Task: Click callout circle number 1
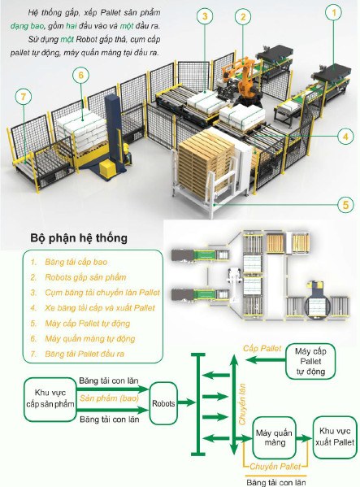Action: (x=334, y=13)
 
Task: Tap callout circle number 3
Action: (x=205, y=15)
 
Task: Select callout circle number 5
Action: (x=345, y=205)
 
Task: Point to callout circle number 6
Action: (x=81, y=75)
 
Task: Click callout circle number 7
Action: (x=24, y=97)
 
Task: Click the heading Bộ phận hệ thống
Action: (x=79, y=238)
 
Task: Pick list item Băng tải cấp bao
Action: (x=76, y=262)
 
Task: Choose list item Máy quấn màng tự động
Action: (x=90, y=338)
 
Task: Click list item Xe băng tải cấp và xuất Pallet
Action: (x=100, y=308)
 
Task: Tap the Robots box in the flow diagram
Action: (x=163, y=403)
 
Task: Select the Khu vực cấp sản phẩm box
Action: (x=50, y=399)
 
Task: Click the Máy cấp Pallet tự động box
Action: (x=310, y=361)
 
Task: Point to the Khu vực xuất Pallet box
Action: (x=335, y=437)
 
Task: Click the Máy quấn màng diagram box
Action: (x=274, y=437)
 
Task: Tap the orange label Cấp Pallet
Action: (x=262, y=349)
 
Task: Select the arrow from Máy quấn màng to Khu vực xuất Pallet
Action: (x=304, y=438)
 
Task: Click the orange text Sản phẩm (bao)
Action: (x=109, y=398)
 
